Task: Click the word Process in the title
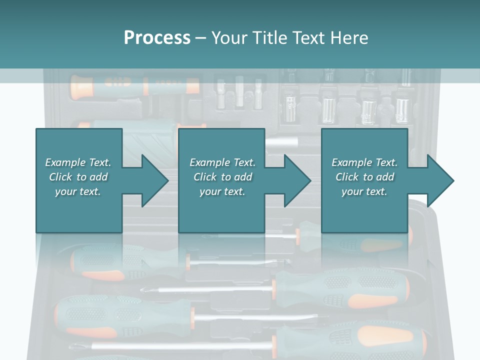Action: tap(157, 38)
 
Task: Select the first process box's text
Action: tap(78, 177)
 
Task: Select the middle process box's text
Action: tap(222, 177)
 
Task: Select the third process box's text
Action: tap(364, 177)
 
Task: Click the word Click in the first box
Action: tap(60, 177)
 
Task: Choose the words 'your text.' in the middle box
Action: tap(222, 191)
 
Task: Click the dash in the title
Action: tap(201, 38)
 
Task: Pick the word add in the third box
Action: tap(384, 177)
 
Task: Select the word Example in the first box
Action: tap(64, 162)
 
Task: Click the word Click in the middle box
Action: tap(205, 177)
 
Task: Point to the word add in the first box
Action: tap(98, 177)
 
